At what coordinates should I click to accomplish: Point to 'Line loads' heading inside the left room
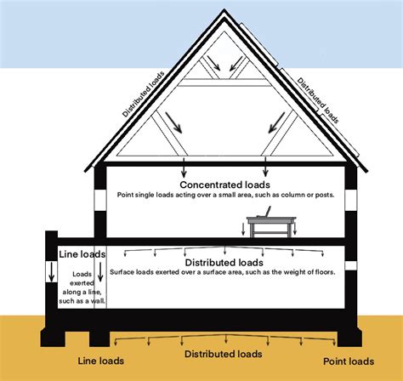(x=82, y=254)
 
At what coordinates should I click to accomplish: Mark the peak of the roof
(x=224, y=12)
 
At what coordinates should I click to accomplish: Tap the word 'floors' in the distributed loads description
(x=321, y=272)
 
